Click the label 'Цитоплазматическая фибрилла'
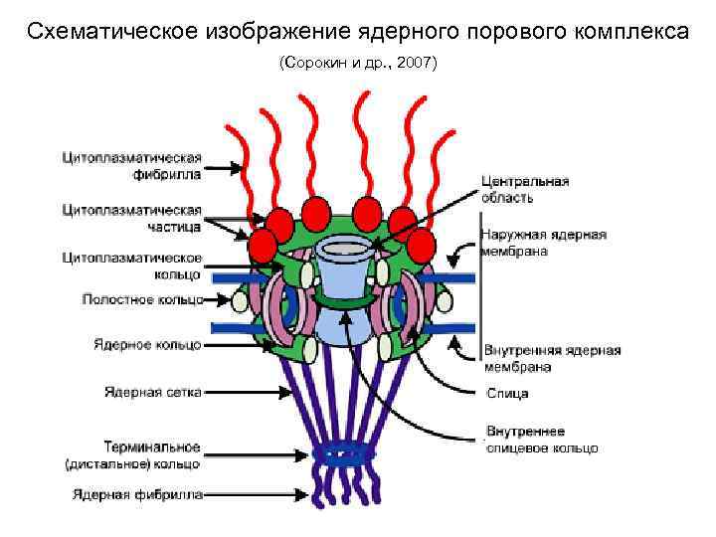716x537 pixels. pyautogui.click(x=132, y=165)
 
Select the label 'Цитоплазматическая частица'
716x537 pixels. pyautogui.click(x=132, y=218)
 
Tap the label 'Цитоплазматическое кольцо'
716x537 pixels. pyautogui.click(x=132, y=266)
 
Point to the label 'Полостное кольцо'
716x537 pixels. pyautogui.click(x=141, y=298)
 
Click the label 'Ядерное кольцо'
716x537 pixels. pyautogui.click(x=147, y=344)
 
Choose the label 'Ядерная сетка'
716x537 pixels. pyautogui.click(x=152, y=392)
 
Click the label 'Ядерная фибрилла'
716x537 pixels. pyautogui.click(x=137, y=493)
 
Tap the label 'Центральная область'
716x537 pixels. pyautogui.click(x=524, y=189)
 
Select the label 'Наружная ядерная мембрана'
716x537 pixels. pyautogui.click(x=542, y=243)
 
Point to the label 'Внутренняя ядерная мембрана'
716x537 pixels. pyautogui.click(x=551, y=358)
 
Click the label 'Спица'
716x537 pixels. pyautogui.click(x=507, y=394)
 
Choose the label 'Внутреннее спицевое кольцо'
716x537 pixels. pyautogui.click(x=540, y=440)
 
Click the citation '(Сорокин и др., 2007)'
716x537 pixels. pyautogui.click(x=357, y=64)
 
